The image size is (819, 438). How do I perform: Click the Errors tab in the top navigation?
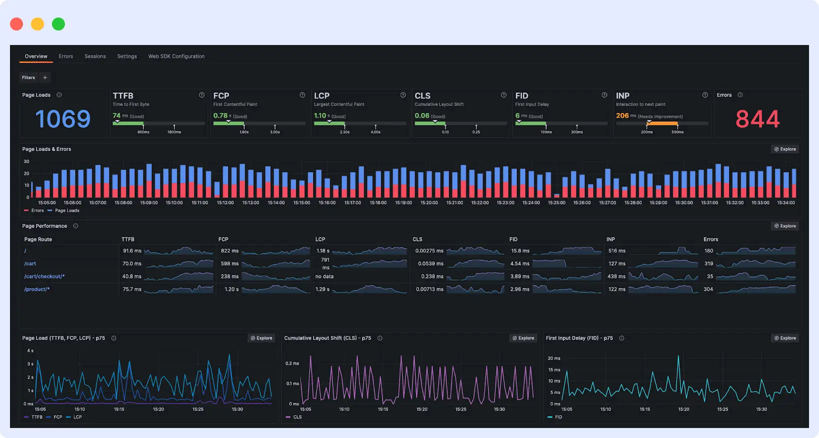[65, 56]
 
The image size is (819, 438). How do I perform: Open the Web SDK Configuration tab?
[176, 56]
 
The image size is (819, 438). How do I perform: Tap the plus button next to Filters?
[45, 77]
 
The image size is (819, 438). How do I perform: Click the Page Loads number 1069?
[63, 119]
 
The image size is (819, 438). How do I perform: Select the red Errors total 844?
[757, 119]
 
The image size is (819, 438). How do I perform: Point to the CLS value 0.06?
[422, 115]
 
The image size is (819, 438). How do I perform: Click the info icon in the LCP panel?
[403, 95]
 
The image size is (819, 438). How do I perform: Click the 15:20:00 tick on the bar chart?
[429, 203]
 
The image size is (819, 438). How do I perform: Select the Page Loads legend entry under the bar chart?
[67, 210]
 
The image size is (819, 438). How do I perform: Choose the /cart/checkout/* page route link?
[44, 276]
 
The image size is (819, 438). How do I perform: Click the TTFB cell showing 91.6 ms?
[132, 251]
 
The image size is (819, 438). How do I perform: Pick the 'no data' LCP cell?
[324, 276]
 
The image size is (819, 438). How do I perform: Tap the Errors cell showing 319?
[709, 263]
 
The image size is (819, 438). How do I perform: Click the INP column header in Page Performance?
[611, 239]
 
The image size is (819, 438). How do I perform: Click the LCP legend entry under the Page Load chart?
[77, 417]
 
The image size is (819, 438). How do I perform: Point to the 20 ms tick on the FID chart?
[554, 358]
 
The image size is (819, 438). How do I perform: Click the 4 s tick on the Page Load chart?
[30, 351]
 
